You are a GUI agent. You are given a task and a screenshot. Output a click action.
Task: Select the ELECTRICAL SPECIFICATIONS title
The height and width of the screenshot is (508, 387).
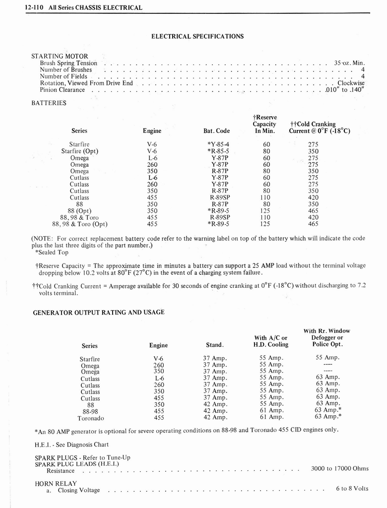tap(197, 36)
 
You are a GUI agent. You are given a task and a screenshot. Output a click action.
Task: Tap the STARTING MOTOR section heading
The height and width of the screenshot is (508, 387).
tap(60, 56)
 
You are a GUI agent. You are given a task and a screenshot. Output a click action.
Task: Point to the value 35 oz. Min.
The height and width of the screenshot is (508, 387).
tap(349, 63)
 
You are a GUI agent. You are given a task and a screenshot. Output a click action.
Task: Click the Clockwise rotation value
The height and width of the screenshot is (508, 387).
tap(351, 83)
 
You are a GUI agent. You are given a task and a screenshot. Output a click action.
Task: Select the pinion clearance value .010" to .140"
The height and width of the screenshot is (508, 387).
tap(345, 90)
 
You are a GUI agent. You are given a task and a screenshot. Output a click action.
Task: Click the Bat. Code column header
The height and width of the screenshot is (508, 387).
tap(216, 131)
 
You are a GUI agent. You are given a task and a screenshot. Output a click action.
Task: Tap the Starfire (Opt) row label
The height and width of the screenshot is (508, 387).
tap(79, 151)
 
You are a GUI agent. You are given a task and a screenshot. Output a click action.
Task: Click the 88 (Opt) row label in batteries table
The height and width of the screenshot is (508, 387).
tap(79, 210)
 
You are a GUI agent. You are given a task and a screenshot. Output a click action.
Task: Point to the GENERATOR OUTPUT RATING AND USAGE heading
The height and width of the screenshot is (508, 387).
tap(98, 313)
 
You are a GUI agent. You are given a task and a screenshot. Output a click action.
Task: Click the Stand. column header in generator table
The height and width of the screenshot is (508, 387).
tap(215, 345)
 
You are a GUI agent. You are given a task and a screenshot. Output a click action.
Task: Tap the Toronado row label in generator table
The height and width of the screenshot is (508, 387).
tap(90, 418)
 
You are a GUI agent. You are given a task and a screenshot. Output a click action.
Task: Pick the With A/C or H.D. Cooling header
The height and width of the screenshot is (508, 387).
tap(271, 341)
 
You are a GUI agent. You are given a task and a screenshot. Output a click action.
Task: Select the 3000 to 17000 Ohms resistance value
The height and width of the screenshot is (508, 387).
tap(339, 468)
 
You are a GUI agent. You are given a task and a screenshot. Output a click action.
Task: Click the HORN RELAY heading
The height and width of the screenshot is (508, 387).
tap(56, 483)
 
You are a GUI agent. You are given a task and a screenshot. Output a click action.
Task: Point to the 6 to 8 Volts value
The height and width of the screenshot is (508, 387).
tap(352, 488)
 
